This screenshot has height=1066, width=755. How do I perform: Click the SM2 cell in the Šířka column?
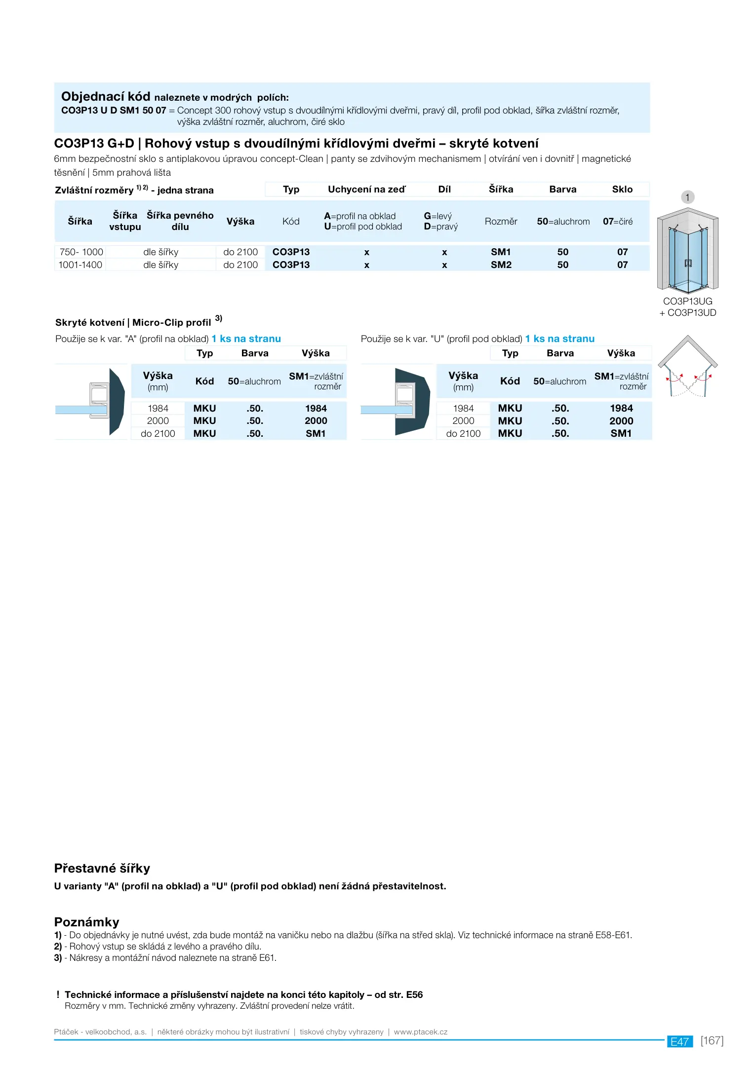501,265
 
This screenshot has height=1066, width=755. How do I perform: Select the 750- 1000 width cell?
81,252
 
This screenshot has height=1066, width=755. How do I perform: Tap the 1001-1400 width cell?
80,265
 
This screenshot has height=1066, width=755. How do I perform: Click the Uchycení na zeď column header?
366,190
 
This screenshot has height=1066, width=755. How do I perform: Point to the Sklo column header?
622,190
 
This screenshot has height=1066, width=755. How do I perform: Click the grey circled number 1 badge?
687,197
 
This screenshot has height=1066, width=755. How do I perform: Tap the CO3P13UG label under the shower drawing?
687,301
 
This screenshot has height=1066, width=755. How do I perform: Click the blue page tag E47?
679,1041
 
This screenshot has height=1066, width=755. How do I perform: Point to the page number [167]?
712,1040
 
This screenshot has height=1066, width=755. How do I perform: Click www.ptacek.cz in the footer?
421,1032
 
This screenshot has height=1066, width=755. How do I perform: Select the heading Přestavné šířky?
102,868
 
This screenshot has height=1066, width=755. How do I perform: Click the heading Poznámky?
86,922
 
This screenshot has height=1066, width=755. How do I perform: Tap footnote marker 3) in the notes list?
58,958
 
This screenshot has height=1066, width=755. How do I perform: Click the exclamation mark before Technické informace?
58,994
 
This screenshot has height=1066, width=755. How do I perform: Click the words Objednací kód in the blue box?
106,96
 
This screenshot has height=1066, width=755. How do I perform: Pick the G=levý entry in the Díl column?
437,216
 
